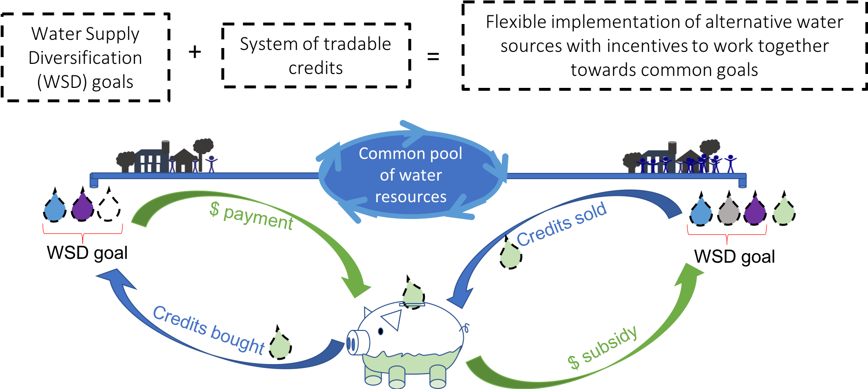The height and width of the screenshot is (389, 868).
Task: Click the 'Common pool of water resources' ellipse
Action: point(411,175)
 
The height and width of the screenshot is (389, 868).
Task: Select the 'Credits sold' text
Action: point(561,224)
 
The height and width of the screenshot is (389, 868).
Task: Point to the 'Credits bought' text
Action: point(209,330)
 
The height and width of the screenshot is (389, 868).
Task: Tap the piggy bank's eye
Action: point(381,331)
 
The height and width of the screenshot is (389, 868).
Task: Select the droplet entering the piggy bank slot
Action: point(412,293)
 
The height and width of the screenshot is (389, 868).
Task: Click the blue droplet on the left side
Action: point(55,208)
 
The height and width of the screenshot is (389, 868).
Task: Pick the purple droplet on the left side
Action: point(83,207)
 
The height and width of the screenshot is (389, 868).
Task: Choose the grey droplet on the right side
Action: point(728,211)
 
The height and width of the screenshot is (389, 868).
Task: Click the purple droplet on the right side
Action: point(755,211)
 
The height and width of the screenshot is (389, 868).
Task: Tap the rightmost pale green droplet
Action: point(783,211)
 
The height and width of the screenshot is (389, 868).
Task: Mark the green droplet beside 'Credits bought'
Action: point(280,345)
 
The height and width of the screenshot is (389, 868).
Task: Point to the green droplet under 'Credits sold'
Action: point(510,255)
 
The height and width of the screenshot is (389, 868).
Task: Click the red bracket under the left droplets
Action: point(83,233)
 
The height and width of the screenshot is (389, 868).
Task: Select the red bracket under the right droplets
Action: point(727,234)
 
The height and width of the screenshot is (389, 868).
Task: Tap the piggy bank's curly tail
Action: point(465,328)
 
